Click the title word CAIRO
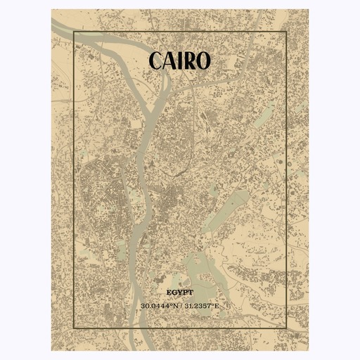[x=180, y=62]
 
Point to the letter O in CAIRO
[x=202, y=62]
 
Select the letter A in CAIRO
[x=172, y=62]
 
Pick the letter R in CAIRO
[x=189, y=62]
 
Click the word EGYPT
[x=180, y=290]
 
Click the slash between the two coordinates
[x=180, y=306]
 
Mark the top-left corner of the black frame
[x=73, y=32]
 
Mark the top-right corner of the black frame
[x=286, y=32]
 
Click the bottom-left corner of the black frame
[x=73, y=328]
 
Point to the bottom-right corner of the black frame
[x=286, y=328]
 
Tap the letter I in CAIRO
[x=181, y=62]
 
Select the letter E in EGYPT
[x=169, y=290]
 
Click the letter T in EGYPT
[x=191, y=290]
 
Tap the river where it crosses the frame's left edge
[x=73, y=39]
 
